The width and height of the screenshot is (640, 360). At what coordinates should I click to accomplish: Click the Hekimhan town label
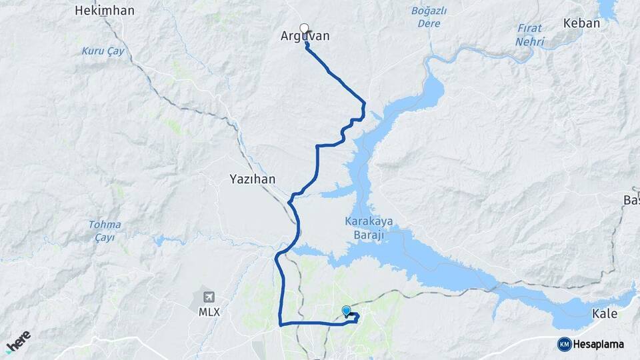point(105,11)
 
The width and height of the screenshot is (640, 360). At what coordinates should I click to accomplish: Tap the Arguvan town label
point(305,37)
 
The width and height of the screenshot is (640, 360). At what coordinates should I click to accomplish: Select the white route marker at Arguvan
point(305,28)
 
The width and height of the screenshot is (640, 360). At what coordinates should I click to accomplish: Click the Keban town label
point(581,23)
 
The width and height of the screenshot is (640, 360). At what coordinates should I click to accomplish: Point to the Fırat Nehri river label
point(530,35)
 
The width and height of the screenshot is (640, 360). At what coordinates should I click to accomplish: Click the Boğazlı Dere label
point(429,17)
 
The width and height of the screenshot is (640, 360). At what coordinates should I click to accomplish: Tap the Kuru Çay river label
point(103,51)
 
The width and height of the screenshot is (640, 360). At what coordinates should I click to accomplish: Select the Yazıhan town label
point(252,179)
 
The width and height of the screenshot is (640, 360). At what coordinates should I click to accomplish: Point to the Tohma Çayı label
point(105,231)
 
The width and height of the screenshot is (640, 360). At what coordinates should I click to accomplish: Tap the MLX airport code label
point(209,311)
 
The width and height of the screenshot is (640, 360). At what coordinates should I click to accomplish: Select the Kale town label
point(605,314)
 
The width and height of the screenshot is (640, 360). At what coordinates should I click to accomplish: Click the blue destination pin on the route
point(346,310)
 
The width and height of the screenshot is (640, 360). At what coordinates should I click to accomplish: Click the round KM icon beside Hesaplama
point(564,344)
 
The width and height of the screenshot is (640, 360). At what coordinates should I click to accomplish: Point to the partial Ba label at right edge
point(631,201)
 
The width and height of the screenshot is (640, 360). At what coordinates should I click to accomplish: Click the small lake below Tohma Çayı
point(159,240)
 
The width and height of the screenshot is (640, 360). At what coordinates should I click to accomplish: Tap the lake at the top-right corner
point(607,8)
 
